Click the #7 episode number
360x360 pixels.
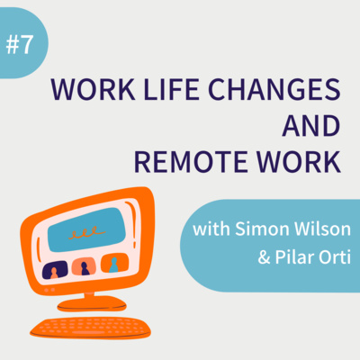click(x=19, y=45)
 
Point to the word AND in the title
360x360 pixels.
click(x=311, y=125)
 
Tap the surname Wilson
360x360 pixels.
click(x=322, y=229)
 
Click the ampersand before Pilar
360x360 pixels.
click(x=264, y=257)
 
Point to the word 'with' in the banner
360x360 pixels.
click(x=211, y=229)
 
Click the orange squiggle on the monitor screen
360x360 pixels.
click(x=86, y=232)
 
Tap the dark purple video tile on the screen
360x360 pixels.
click(x=55, y=270)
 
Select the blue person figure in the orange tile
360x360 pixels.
click(x=113, y=265)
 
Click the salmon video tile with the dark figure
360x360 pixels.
click(x=84, y=266)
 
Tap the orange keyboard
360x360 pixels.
click(x=90, y=328)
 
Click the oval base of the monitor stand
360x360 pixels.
click(x=92, y=304)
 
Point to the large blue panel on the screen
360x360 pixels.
click(x=87, y=229)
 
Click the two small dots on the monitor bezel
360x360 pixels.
click(x=49, y=290)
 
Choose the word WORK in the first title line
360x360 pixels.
click(x=94, y=89)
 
